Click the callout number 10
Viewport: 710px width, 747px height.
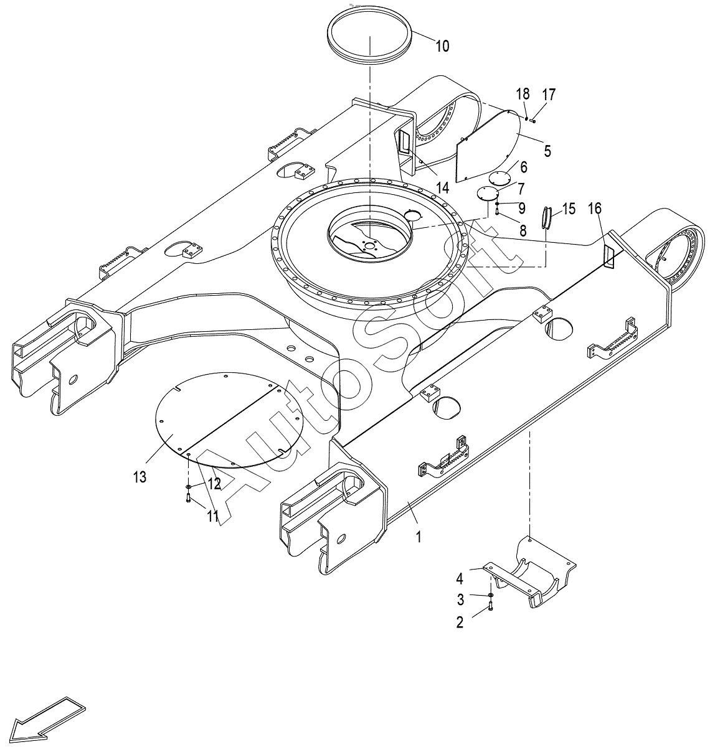442,46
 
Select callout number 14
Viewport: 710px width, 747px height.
442,187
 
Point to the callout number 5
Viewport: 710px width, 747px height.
547,151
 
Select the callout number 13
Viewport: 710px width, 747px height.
140,476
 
